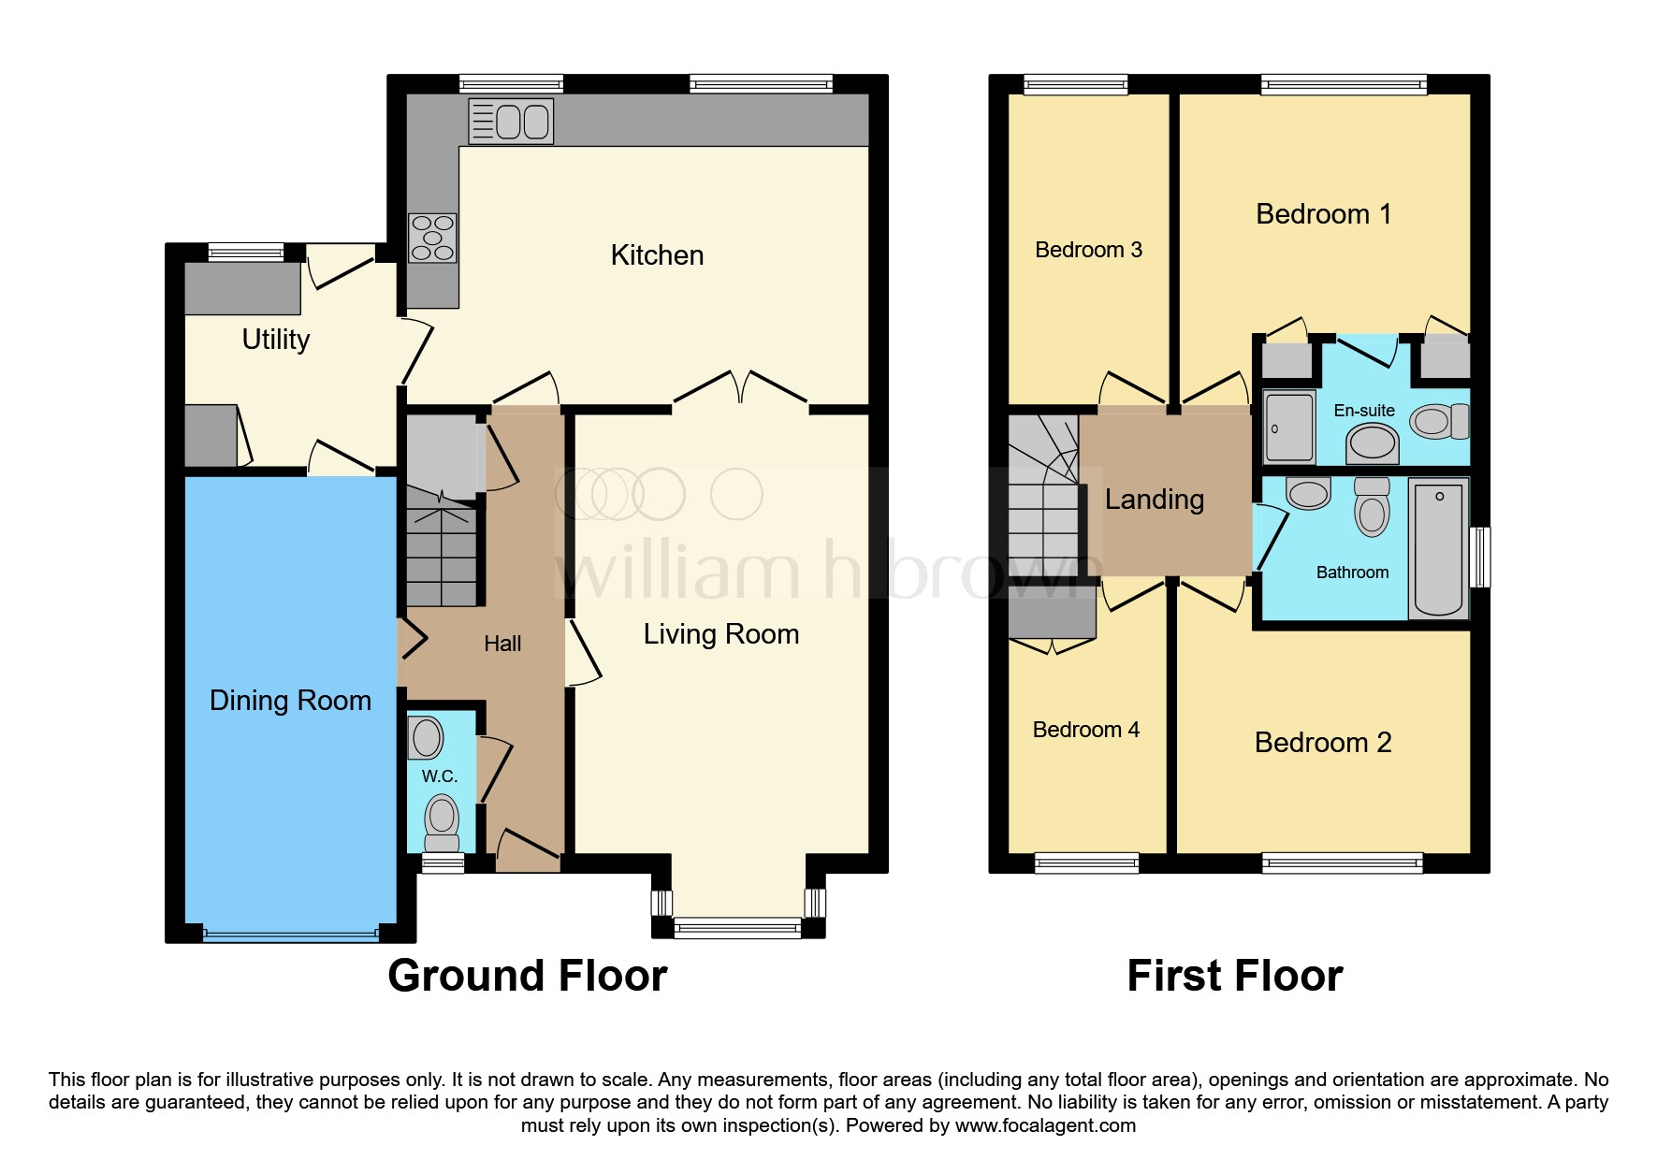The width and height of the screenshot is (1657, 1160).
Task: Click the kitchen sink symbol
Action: (x=511, y=122)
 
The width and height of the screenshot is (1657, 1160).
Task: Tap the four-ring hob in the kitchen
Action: (x=432, y=238)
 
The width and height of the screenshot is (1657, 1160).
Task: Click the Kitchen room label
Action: (x=657, y=255)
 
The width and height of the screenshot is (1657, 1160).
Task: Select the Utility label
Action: (x=275, y=340)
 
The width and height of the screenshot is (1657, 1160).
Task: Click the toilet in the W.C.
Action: (x=442, y=820)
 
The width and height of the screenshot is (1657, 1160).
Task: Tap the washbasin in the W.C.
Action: (x=427, y=738)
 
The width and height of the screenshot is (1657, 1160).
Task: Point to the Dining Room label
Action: (x=290, y=701)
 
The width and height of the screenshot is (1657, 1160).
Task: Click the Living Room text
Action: (x=720, y=634)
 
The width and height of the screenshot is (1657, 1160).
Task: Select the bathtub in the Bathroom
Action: (x=1438, y=548)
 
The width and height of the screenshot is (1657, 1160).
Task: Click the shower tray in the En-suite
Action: (x=1289, y=428)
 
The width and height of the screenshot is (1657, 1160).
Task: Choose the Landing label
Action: (x=1154, y=500)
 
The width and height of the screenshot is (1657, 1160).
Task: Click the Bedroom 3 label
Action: (x=1088, y=250)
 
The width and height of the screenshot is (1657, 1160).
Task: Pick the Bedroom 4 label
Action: (x=1085, y=730)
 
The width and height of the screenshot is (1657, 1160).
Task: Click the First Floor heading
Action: (x=1234, y=976)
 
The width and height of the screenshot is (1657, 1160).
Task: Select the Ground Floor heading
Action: (x=527, y=976)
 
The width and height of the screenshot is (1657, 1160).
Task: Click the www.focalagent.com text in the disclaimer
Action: (x=1044, y=1125)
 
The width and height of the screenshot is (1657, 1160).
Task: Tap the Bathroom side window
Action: (x=1479, y=558)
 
